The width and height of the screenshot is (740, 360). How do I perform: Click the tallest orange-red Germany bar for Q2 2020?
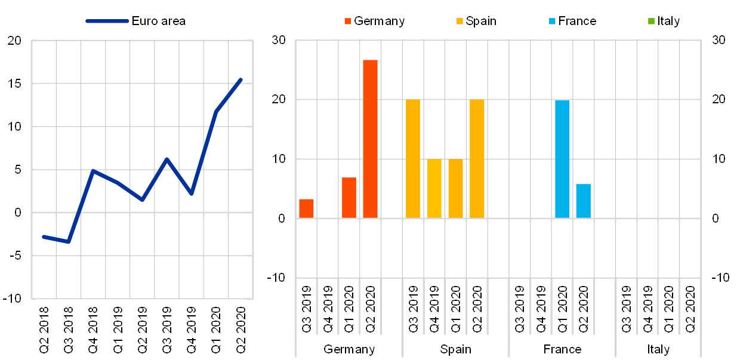tap(370, 139)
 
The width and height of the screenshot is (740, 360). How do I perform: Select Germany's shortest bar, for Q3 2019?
tap(306, 208)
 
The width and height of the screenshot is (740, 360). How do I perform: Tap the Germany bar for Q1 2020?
tap(349, 198)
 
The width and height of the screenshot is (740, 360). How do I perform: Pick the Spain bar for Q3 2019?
tap(413, 159)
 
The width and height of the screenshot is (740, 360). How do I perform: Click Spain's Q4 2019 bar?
tap(434, 189)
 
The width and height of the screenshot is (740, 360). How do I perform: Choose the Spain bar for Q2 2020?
tap(477, 159)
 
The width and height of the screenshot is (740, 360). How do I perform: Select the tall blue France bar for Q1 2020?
tap(562, 159)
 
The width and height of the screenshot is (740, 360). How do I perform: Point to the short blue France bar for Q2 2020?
tap(584, 201)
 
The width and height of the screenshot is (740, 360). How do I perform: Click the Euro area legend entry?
tap(136, 21)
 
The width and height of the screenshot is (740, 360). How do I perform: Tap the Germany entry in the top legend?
tap(374, 21)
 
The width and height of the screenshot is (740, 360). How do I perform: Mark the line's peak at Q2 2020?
tap(240, 79)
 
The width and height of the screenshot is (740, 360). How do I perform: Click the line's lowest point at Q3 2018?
tap(69, 242)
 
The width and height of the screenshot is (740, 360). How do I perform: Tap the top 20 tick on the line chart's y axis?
tap(15, 41)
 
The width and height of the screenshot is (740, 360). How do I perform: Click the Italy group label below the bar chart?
tap(658, 349)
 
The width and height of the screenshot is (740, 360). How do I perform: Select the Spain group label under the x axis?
tap(456, 349)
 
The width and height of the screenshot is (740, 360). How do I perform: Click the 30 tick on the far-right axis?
tap(719, 41)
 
